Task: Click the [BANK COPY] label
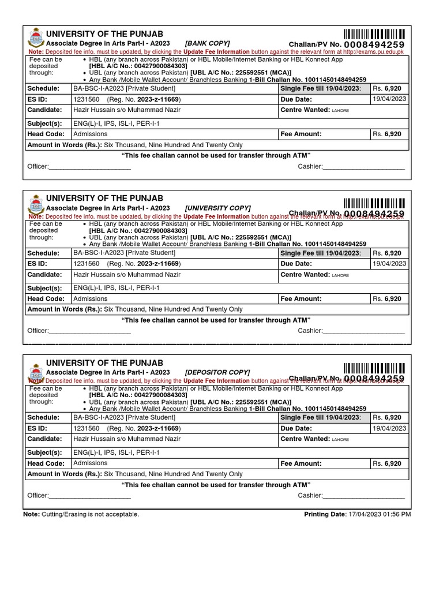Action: coord(207,43)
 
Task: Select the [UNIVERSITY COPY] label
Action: coord(217,208)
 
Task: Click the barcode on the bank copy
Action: coord(374,33)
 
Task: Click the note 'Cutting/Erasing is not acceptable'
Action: coord(91,514)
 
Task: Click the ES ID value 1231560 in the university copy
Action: coord(86,264)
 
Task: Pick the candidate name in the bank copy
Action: coord(126,110)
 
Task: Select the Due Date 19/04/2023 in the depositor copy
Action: coord(389,428)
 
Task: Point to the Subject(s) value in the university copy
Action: coord(116,287)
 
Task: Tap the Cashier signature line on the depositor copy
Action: coord(363,496)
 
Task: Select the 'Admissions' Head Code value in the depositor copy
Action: coord(90,463)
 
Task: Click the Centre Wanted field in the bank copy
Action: coord(314,110)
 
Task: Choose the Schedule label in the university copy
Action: coord(43,253)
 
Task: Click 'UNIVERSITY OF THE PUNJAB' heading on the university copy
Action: coord(104,199)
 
